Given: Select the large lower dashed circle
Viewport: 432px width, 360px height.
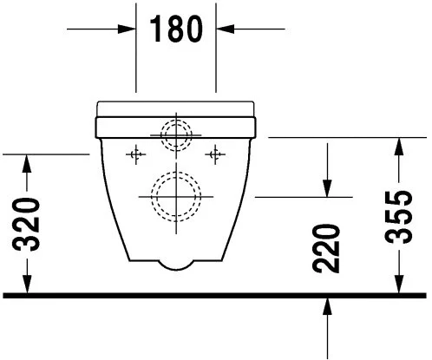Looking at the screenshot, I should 176,195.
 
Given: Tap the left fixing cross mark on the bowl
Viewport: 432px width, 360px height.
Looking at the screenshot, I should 134,154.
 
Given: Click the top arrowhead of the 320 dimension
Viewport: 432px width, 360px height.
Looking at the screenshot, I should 27,162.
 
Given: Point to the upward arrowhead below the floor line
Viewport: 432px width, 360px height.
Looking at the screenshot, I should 328,306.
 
